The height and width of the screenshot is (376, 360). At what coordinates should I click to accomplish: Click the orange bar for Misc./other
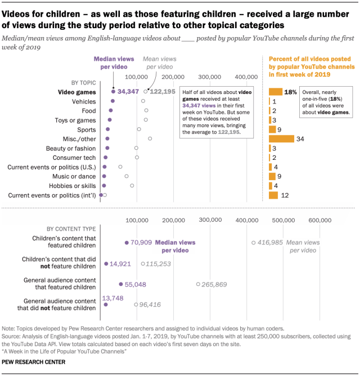281,138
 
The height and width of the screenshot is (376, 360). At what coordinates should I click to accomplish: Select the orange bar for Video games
276,91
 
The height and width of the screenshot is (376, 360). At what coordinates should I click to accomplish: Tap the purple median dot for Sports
108,129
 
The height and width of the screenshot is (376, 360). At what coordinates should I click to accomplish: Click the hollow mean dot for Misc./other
150,138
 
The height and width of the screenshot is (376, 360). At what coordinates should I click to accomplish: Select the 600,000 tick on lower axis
319,220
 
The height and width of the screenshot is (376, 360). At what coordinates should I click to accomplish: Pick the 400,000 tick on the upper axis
246,77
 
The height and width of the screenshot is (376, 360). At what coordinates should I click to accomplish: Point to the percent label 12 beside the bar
285,195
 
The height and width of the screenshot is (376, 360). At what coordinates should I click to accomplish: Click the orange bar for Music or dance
272,176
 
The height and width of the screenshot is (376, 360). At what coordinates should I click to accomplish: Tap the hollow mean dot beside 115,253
143,263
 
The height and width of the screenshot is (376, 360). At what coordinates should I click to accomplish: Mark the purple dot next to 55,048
121,284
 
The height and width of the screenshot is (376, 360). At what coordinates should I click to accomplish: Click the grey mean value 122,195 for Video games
164,91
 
